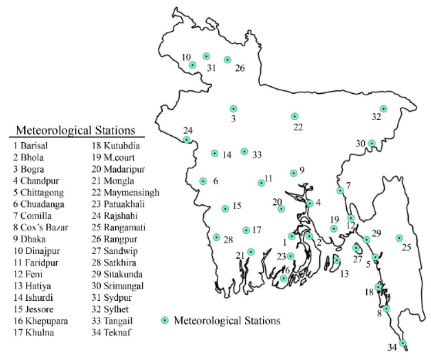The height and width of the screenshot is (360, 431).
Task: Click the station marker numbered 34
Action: [x=403, y=343]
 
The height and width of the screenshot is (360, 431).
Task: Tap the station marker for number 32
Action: [x=384, y=109]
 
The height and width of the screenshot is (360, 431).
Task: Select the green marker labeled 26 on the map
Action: [x=227, y=60]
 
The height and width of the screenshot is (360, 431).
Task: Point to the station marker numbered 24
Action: [x=187, y=140]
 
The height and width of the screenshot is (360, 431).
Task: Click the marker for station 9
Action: [x=293, y=173]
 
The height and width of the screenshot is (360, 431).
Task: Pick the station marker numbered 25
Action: [x=399, y=238]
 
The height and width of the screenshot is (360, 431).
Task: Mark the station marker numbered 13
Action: [x=337, y=260]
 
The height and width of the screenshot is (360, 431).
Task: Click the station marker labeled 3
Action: [x=233, y=109]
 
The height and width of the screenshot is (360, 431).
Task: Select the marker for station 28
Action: [x=217, y=237]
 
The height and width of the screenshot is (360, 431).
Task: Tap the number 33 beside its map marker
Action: [x=257, y=155]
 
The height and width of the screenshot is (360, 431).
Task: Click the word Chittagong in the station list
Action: [x=42, y=192]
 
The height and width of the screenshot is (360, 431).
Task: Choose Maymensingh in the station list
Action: [x=131, y=192]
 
